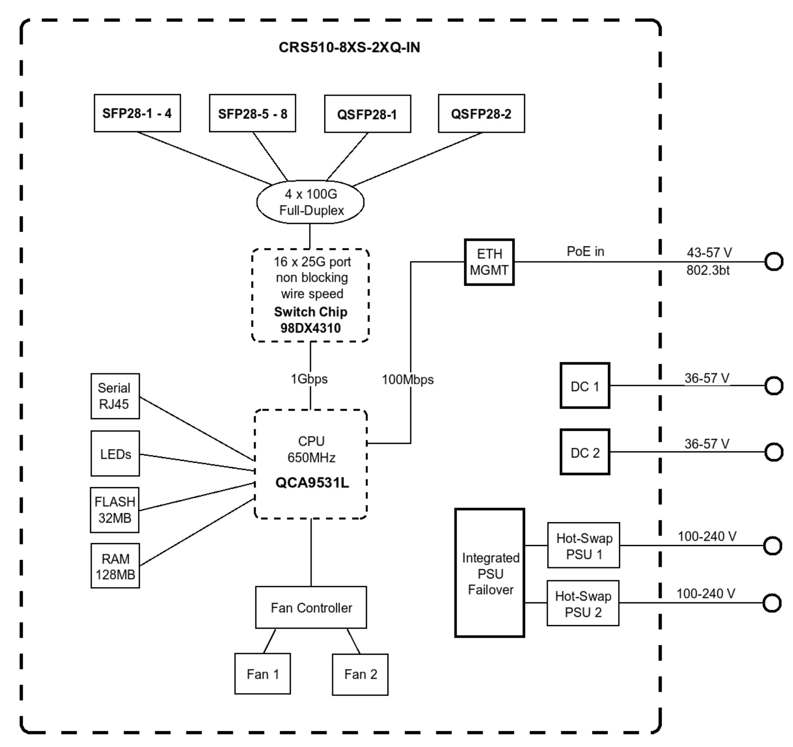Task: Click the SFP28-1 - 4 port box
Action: click(x=137, y=113)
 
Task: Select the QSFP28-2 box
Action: click(x=481, y=114)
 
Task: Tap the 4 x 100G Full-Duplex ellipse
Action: click(x=310, y=202)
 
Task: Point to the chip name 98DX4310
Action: click(x=310, y=328)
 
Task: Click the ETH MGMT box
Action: click(x=489, y=262)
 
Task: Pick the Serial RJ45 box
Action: click(x=115, y=396)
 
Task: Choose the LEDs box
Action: click(x=115, y=454)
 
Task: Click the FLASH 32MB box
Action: click(x=115, y=510)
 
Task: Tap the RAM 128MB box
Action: click(x=115, y=566)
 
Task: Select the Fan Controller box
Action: click(x=311, y=608)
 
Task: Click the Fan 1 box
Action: click(x=263, y=674)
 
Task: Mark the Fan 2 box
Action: click(x=360, y=674)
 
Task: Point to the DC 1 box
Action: click(x=585, y=386)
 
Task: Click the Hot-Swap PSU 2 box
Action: click(x=583, y=604)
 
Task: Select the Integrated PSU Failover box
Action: click(x=490, y=573)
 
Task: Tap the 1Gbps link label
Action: click(x=309, y=379)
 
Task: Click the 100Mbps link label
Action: click(x=408, y=380)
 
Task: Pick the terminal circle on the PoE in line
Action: click(x=773, y=262)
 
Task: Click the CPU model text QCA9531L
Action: click(x=312, y=483)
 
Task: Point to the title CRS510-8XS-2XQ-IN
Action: click(x=349, y=47)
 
